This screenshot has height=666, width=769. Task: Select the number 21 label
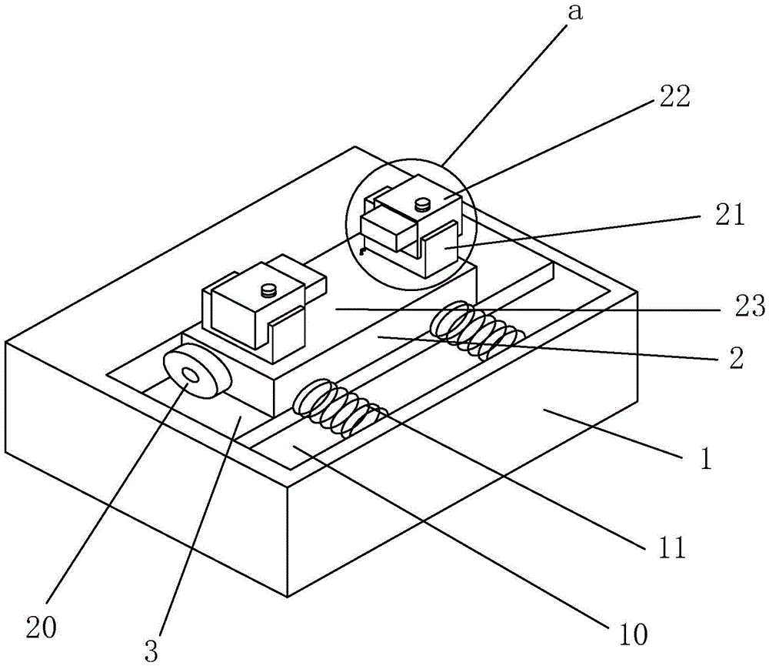(730, 215)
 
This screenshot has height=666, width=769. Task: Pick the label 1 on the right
(705, 459)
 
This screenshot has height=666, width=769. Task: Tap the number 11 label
(671, 547)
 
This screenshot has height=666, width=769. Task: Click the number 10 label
(633, 634)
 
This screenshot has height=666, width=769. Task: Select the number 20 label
(42, 628)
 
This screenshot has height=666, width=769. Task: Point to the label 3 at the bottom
(151, 652)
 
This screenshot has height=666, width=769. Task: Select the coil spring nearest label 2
(477, 330)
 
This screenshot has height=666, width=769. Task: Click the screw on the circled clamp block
(421, 204)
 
